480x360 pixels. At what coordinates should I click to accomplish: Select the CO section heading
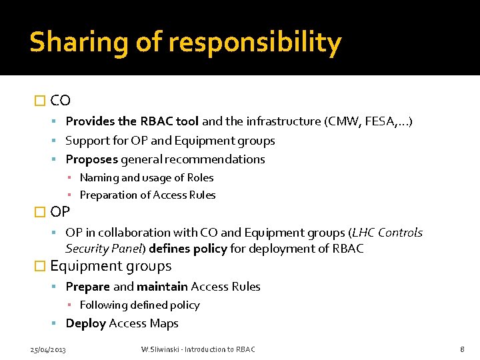click(60, 101)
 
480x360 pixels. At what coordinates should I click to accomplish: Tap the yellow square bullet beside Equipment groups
click(39, 266)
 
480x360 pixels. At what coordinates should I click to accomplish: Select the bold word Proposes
click(91, 159)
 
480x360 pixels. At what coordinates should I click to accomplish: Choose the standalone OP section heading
click(60, 212)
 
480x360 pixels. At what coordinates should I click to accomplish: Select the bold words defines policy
click(188, 249)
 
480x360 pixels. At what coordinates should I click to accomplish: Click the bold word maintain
click(162, 287)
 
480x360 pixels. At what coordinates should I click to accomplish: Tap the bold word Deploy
click(85, 323)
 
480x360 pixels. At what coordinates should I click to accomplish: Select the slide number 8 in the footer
click(462, 349)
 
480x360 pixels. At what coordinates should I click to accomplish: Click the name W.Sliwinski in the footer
click(161, 349)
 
